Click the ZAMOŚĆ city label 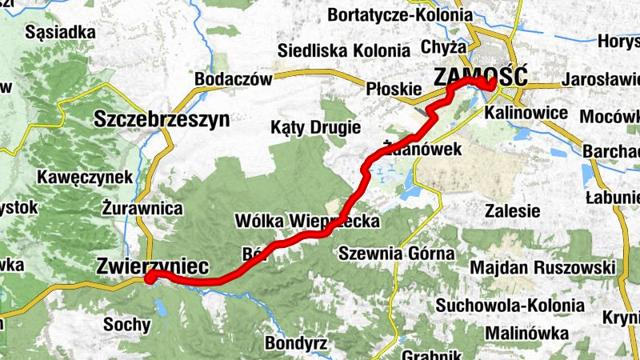pyautogui.click(x=480, y=77)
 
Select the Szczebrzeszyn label pyautogui.click(x=162, y=120)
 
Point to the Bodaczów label pyautogui.click(x=233, y=79)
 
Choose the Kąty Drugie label pyautogui.click(x=315, y=127)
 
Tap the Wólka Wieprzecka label pyautogui.click(x=307, y=220)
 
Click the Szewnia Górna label pyautogui.click(x=397, y=254)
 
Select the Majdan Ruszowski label pyautogui.click(x=542, y=267)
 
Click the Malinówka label pyautogui.click(x=526, y=332)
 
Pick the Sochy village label pyautogui.click(x=126, y=325)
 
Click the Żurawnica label pyautogui.click(x=142, y=207)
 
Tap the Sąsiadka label pyautogui.click(x=61, y=33)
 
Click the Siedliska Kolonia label pyautogui.click(x=345, y=50)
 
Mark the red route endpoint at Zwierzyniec pyautogui.click(x=150, y=277)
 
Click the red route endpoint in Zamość pyautogui.click(x=490, y=85)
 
